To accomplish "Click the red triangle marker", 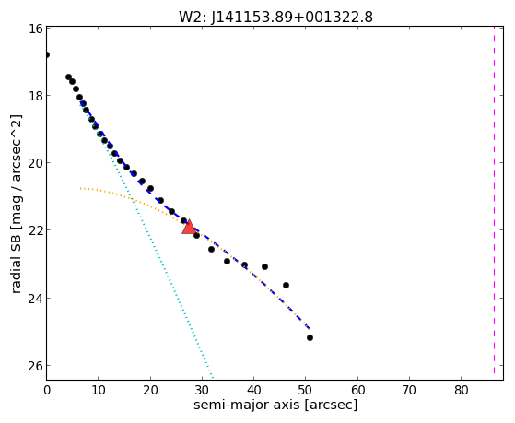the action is pyautogui.click(x=189, y=228).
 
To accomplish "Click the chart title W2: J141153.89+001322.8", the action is pyautogui.click(x=275, y=17).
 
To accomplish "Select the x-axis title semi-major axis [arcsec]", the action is pyautogui.click(x=275, y=405).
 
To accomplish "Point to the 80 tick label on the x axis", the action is pyautogui.click(x=462, y=390).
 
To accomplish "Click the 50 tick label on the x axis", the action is pyautogui.click(x=306, y=390).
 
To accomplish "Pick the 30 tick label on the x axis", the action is pyautogui.click(x=202, y=390).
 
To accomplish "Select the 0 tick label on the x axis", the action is pyautogui.click(x=47, y=390).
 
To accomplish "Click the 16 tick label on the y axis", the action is pyautogui.click(x=35, y=29).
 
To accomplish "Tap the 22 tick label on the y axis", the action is pyautogui.click(x=35, y=229).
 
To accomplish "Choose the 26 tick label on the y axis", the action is pyautogui.click(x=35, y=366).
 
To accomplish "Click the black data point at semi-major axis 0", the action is pyautogui.click(x=47, y=54).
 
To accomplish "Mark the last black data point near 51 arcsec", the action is pyautogui.click(x=310, y=337).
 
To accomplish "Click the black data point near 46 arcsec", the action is pyautogui.click(x=287, y=285).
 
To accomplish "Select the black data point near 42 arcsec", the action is pyautogui.click(x=264, y=266).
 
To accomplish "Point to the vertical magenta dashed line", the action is pyautogui.click(x=494, y=203).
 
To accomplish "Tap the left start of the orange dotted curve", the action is pyautogui.click(x=80, y=188).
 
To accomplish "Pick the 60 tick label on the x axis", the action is pyautogui.click(x=357, y=390).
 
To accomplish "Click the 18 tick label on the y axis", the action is pyautogui.click(x=35, y=96).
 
